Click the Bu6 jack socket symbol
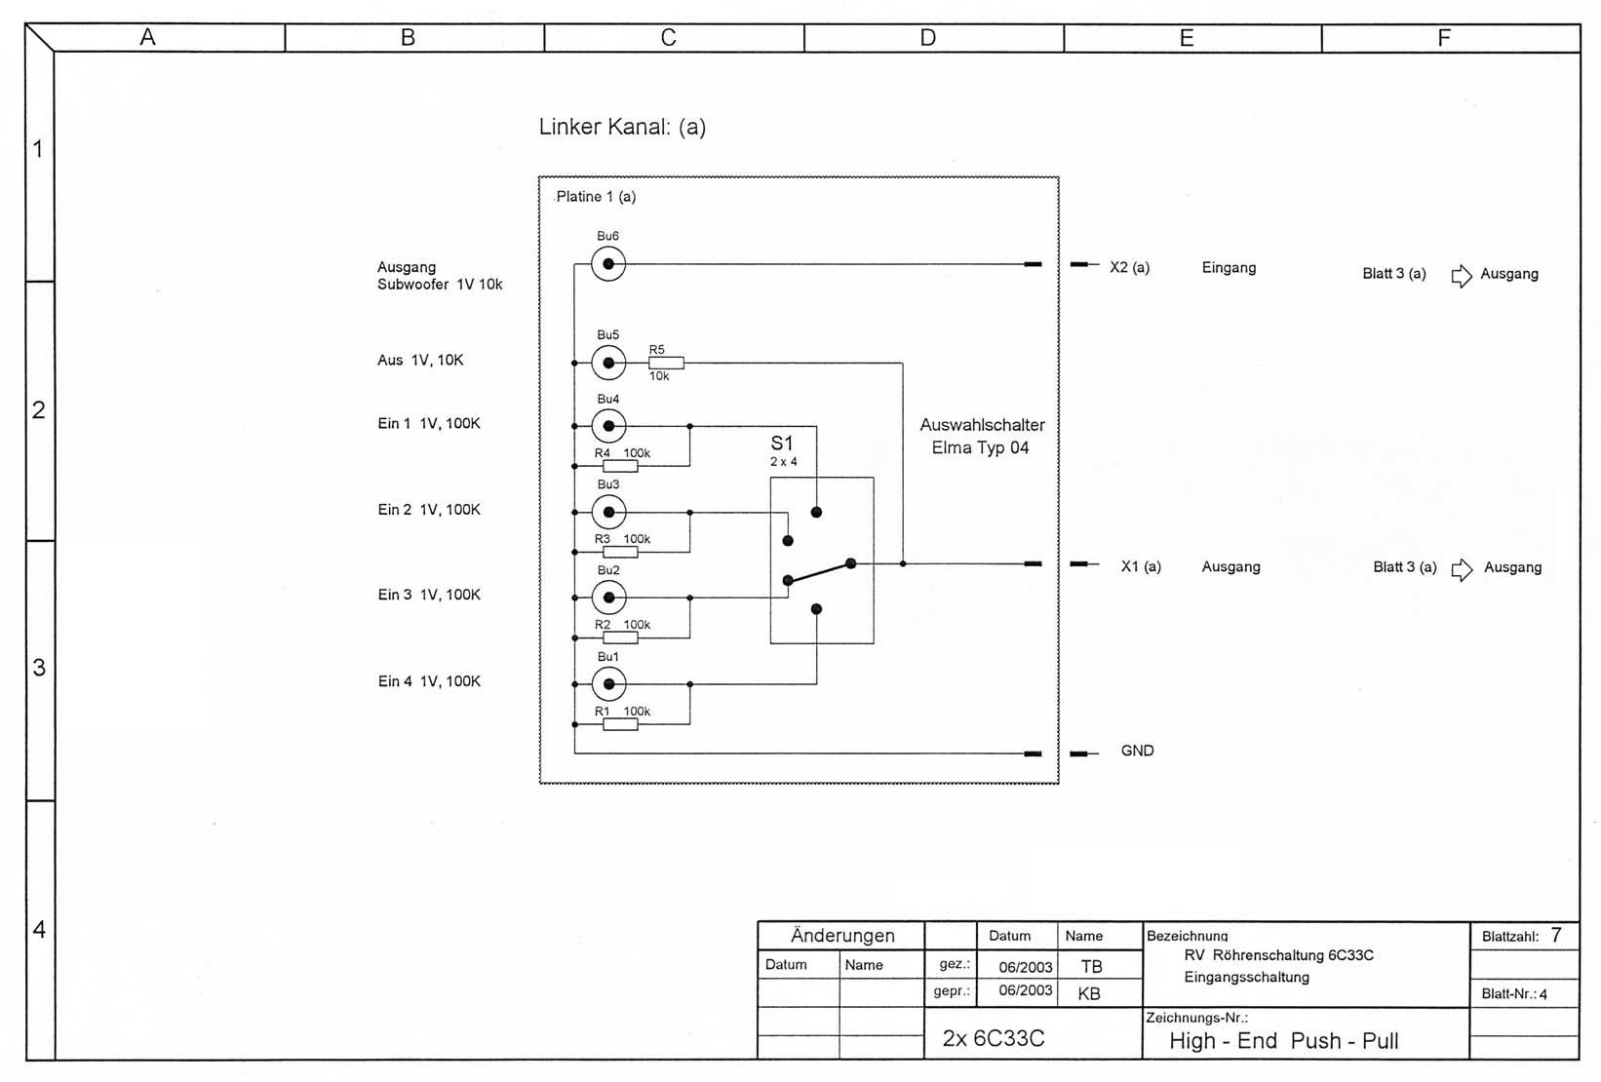[x=608, y=264]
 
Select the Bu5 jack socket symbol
[x=608, y=363]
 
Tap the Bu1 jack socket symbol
[x=608, y=683]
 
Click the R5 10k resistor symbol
[x=666, y=363]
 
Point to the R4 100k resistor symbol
[x=620, y=467]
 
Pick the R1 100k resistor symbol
[x=620, y=724]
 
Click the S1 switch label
[x=782, y=444]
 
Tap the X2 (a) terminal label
[x=1129, y=267]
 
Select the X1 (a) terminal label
[x=1141, y=566]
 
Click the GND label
[x=1137, y=751]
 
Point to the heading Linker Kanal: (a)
[x=622, y=127]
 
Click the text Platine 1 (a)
[x=596, y=197]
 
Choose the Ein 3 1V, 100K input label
[x=429, y=595]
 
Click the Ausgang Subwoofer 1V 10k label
[x=440, y=276]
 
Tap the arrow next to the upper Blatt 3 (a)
[x=1462, y=276]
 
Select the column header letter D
[x=927, y=38]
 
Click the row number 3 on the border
[x=39, y=668]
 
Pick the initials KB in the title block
[x=1089, y=993]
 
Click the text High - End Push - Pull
[x=1283, y=1041]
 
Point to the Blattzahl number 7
[x=1556, y=936]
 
